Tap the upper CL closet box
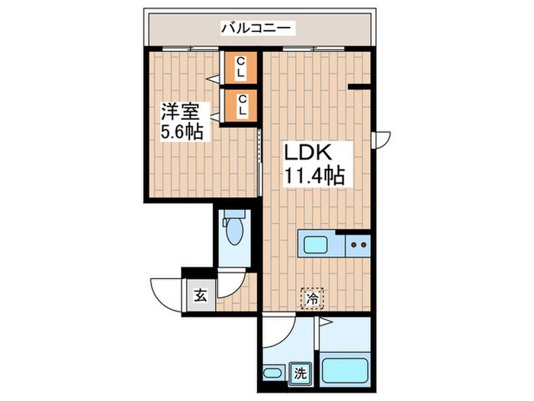[x=240, y=67]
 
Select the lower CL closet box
[x=240, y=105]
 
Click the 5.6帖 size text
[x=182, y=132]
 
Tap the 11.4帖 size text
[x=314, y=176]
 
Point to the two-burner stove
[x=358, y=245]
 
